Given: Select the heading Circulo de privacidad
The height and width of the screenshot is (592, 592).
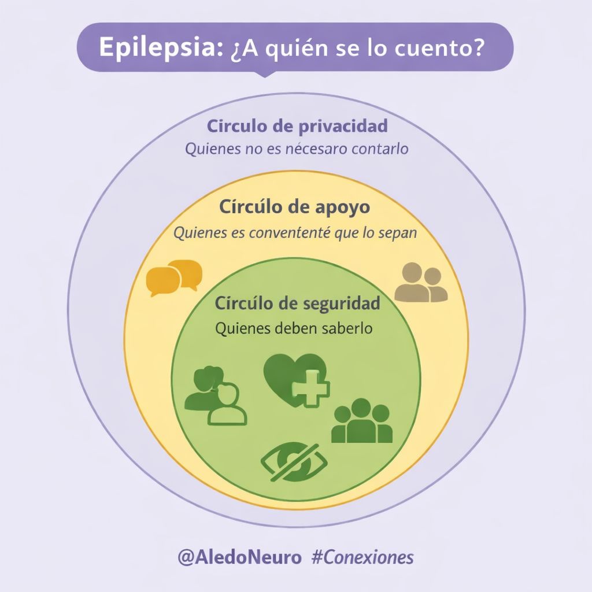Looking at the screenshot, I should point(297,125).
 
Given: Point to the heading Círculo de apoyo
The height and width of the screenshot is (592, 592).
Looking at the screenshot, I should point(294,207).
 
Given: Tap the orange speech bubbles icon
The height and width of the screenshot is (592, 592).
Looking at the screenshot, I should point(174,277).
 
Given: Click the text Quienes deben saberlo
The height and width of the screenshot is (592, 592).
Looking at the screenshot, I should point(293,328).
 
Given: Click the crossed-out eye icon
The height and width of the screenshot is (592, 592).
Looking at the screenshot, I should point(294,462).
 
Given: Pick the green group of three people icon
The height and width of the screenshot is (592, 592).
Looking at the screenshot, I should point(362,421).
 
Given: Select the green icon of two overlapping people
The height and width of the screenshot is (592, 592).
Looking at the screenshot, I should point(215,396).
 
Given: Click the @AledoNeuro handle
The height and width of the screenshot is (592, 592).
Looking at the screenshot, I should point(240,557).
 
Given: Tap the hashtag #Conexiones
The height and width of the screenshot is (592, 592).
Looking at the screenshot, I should point(362,557).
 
